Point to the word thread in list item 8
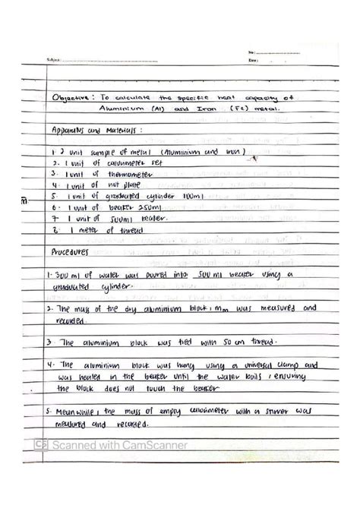126,229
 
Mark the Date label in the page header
253,60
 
